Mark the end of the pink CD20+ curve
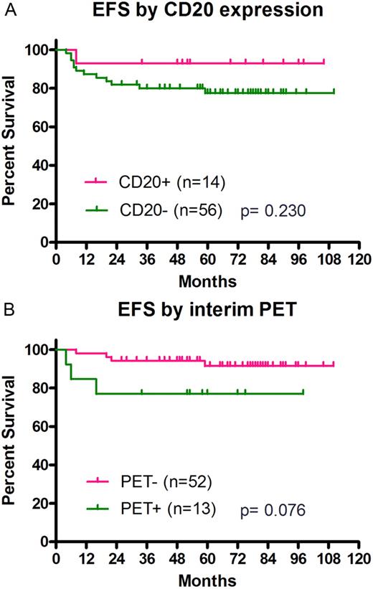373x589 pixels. click(324, 62)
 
